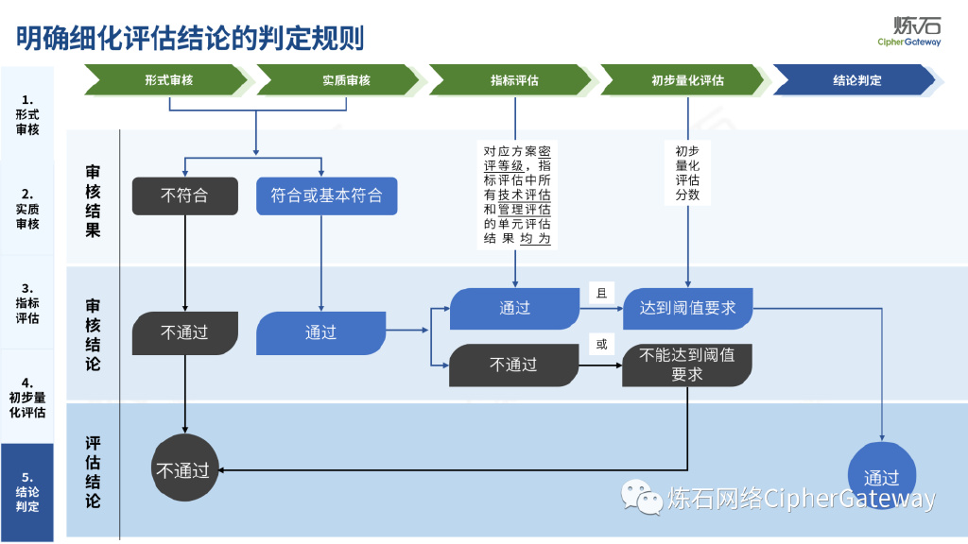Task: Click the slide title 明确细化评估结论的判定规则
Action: point(190,38)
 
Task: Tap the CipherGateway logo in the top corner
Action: point(908,31)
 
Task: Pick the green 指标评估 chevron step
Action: point(515,80)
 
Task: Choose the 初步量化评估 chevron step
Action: point(687,80)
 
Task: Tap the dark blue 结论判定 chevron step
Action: point(856,80)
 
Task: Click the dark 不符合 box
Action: point(184,195)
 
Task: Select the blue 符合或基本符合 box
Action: point(326,195)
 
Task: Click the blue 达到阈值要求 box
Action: point(687,308)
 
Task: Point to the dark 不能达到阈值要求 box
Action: point(687,365)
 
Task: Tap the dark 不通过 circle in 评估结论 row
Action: point(182,469)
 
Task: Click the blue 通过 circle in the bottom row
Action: point(881,477)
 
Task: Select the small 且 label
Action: point(601,293)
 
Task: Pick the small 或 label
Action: point(601,345)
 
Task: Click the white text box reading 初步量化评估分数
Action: point(687,173)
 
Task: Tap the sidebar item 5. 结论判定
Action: point(27,492)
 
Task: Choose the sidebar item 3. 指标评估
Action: point(27,303)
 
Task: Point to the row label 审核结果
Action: point(93,201)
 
